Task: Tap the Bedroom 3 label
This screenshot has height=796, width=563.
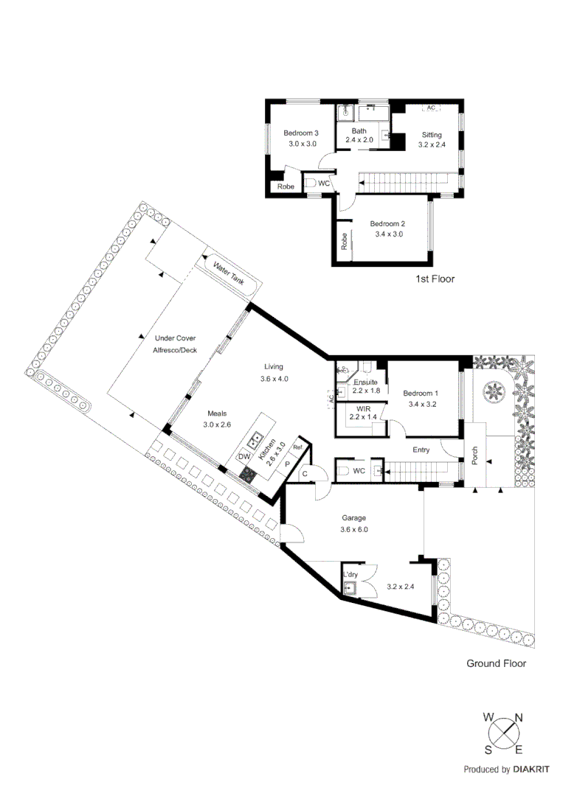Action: click(301, 133)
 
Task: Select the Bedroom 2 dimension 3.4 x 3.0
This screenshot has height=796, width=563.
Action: click(387, 234)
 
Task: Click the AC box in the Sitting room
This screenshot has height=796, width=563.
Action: click(431, 108)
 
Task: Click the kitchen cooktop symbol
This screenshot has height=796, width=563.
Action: click(249, 475)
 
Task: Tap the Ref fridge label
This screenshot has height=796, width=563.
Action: click(298, 447)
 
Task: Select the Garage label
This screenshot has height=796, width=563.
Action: click(353, 518)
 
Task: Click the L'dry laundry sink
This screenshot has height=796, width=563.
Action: click(349, 587)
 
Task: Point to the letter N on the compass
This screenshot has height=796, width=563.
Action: click(519, 717)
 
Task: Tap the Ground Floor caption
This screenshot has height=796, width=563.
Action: click(496, 663)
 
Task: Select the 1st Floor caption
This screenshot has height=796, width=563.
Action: click(435, 279)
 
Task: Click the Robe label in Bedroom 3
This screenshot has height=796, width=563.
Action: click(286, 187)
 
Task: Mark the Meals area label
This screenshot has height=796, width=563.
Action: click(196, 413)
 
